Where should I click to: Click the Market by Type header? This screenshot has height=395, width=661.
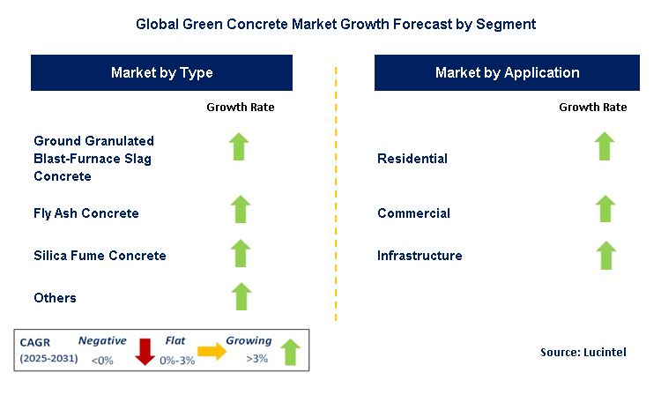click(161, 73)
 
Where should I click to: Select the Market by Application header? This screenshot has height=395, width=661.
click(507, 73)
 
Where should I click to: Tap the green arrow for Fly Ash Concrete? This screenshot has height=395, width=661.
click(240, 211)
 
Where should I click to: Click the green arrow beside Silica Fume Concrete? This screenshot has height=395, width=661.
click(240, 253)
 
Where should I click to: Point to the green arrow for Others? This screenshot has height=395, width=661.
click(240, 295)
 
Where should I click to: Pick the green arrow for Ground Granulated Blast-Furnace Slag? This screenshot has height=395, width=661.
click(240, 146)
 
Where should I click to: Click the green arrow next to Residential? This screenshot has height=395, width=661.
click(604, 146)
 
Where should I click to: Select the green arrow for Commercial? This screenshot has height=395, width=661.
click(604, 210)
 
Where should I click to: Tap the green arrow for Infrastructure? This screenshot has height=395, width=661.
click(604, 255)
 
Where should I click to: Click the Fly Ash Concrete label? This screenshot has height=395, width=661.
click(86, 213)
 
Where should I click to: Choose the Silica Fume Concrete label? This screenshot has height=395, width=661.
click(100, 256)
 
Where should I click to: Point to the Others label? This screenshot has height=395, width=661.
click(55, 298)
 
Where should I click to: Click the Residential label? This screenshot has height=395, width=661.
click(412, 160)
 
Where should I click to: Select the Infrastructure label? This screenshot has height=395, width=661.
click(420, 256)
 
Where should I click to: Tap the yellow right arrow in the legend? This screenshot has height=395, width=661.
click(212, 352)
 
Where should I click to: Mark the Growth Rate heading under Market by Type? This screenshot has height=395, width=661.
click(241, 108)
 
